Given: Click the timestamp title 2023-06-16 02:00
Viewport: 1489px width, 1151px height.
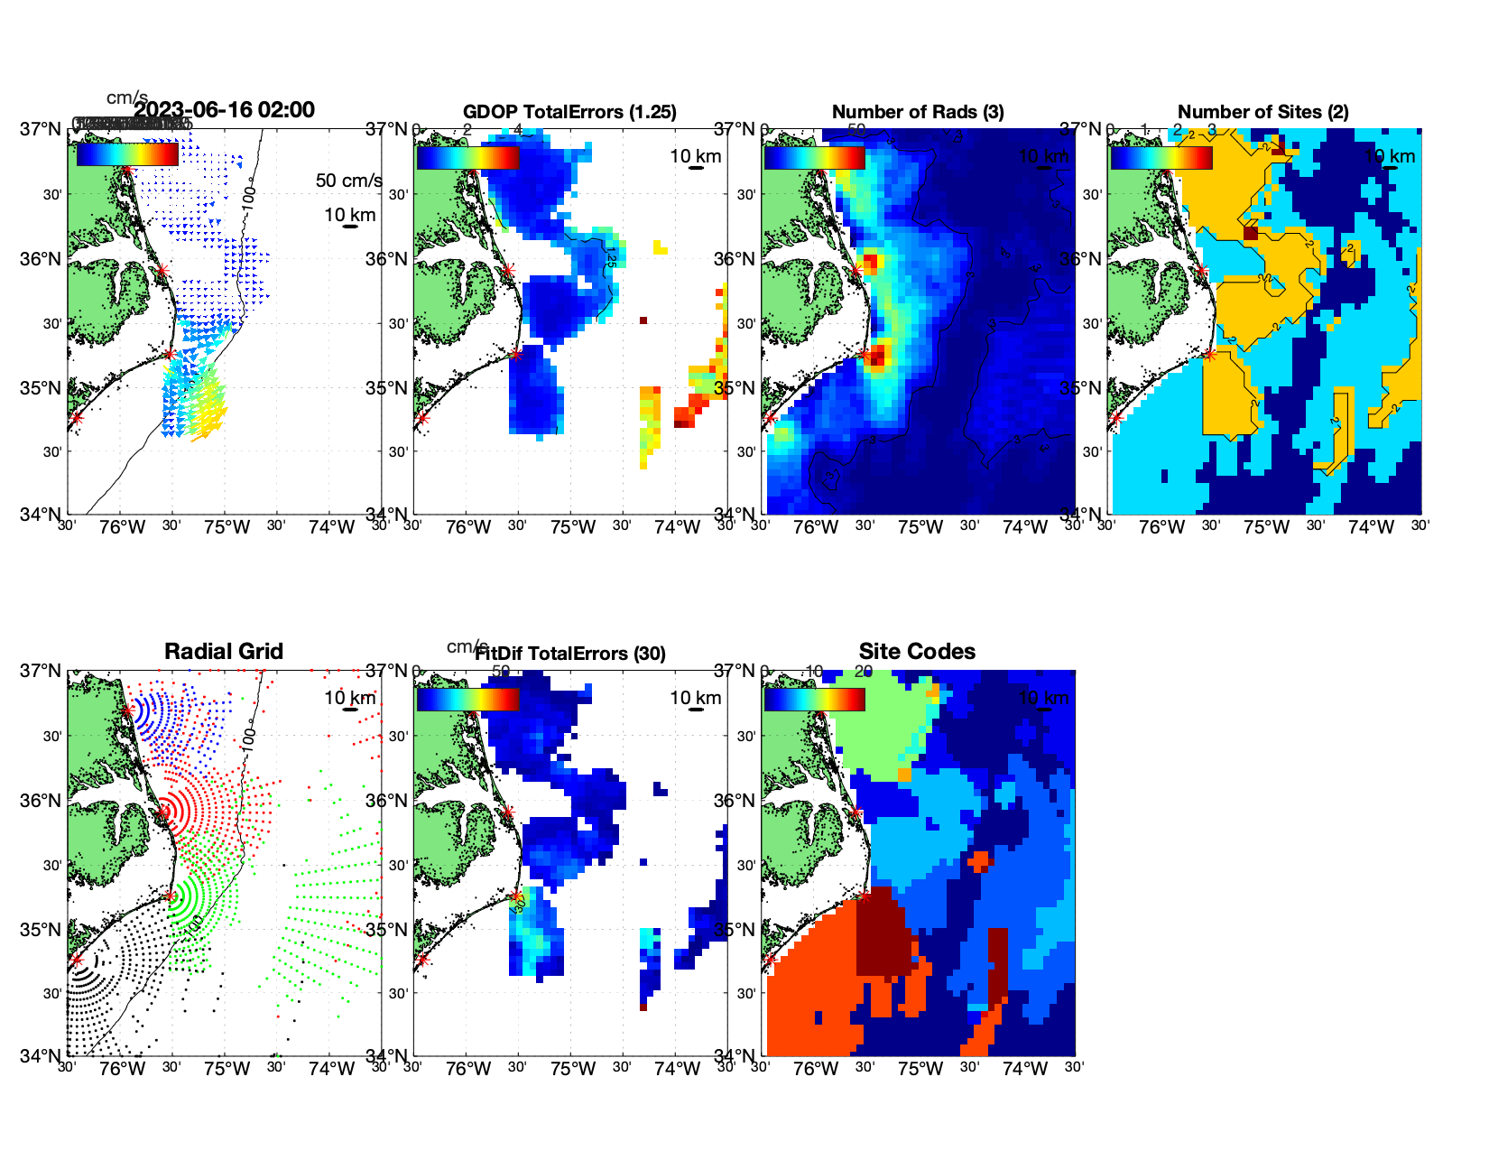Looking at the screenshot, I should pyautogui.click(x=224, y=110).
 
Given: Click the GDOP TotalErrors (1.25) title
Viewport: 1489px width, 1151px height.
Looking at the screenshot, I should pyautogui.click(x=569, y=112).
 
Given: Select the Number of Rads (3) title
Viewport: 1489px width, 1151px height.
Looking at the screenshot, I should pyautogui.click(x=917, y=112).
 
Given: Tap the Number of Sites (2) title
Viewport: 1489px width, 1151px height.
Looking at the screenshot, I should pyautogui.click(x=1262, y=112).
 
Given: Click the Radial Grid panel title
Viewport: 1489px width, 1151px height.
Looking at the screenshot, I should pyautogui.click(x=224, y=652).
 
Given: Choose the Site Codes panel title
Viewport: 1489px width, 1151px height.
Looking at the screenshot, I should pyautogui.click(x=917, y=652).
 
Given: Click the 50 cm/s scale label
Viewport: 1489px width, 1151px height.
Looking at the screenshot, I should pyautogui.click(x=348, y=181).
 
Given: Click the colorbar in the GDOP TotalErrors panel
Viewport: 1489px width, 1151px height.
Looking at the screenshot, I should pyautogui.click(x=467, y=157).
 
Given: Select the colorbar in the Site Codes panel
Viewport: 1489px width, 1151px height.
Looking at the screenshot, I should pyautogui.click(x=814, y=700).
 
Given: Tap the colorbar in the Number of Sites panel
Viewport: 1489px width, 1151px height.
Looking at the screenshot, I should pyautogui.click(x=1161, y=157).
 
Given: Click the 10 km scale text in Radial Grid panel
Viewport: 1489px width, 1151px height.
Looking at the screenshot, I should pyautogui.click(x=349, y=698).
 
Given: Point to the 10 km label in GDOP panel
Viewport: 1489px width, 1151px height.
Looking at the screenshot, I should pyautogui.click(x=695, y=156).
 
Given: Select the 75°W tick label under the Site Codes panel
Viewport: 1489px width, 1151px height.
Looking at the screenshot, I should pyautogui.click(x=920, y=1070).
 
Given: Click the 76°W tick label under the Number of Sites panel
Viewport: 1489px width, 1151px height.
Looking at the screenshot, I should pyautogui.click(x=1161, y=528).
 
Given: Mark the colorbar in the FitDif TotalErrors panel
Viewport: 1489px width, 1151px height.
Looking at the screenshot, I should pyautogui.click(x=467, y=700).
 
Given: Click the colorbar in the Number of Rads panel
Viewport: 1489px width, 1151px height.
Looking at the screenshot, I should pyautogui.click(x=814, y=157).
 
